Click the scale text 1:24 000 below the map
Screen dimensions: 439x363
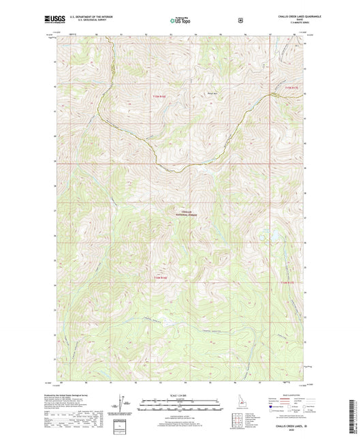click(x=180, y=396)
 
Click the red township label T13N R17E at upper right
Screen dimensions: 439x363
click(x=291, y=89)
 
